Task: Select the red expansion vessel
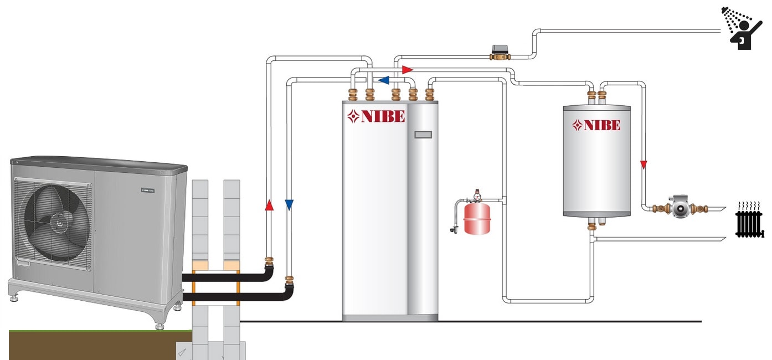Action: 477,218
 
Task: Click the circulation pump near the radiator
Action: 679,207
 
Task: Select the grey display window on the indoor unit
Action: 423,135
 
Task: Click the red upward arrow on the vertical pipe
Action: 269,205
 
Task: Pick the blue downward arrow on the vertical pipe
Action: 289,204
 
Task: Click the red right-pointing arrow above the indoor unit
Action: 408,70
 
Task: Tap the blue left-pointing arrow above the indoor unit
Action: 383,80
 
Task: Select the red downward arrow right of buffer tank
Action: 644,164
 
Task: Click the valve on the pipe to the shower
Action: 501,53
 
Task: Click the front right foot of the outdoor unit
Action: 159,323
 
